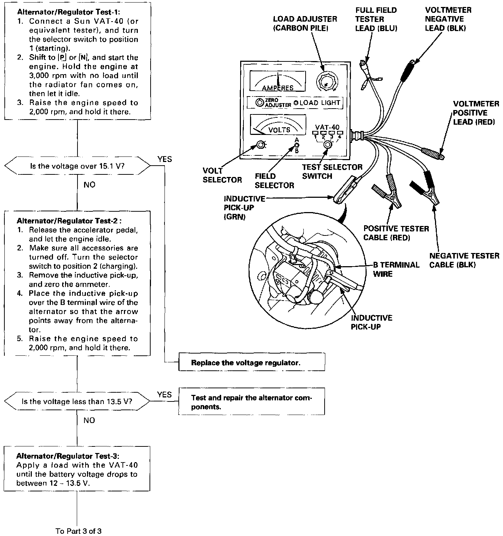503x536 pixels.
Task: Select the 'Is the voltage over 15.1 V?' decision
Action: pyautogui.click(x=77, y=166)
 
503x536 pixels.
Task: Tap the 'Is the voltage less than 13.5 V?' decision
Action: pyautogui.click(x=77, y=401)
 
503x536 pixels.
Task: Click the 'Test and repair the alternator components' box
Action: pyautogui.click(x=251, y=402)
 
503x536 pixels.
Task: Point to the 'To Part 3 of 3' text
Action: pyautogui.click(x=78, y=531)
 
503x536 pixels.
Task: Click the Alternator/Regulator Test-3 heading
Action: pyautogui.click(x=68, y=456)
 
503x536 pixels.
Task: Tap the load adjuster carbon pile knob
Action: pyautogui.click(x=325, y=82)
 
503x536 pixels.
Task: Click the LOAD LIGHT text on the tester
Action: pyautogui.click(x=320, y=103)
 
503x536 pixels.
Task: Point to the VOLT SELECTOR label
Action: pyautogui.click(x=222, y=175)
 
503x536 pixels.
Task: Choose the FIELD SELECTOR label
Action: pyautogui.click(x=274, y=181)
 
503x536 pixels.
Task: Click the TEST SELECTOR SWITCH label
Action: pyautogui.click(x=332, y=171)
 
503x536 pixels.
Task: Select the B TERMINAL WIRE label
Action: pyautogui.click(x=396, y=269)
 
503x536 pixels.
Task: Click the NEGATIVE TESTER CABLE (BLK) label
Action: pyautogui.click(x=464, y=260)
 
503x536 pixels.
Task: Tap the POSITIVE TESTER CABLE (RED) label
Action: pyautogui.click(x=396, y=233)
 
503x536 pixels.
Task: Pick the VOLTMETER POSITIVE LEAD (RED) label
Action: pyautogui.click(x=476, y=113)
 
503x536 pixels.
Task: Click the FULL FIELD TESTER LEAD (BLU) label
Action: pyautogui.click(x=376, y=19)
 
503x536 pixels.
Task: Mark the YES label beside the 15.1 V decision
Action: pyautogui.click(x=164, y=159)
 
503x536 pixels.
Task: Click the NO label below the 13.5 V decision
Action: pyautogui.click(x=89, y=420)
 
